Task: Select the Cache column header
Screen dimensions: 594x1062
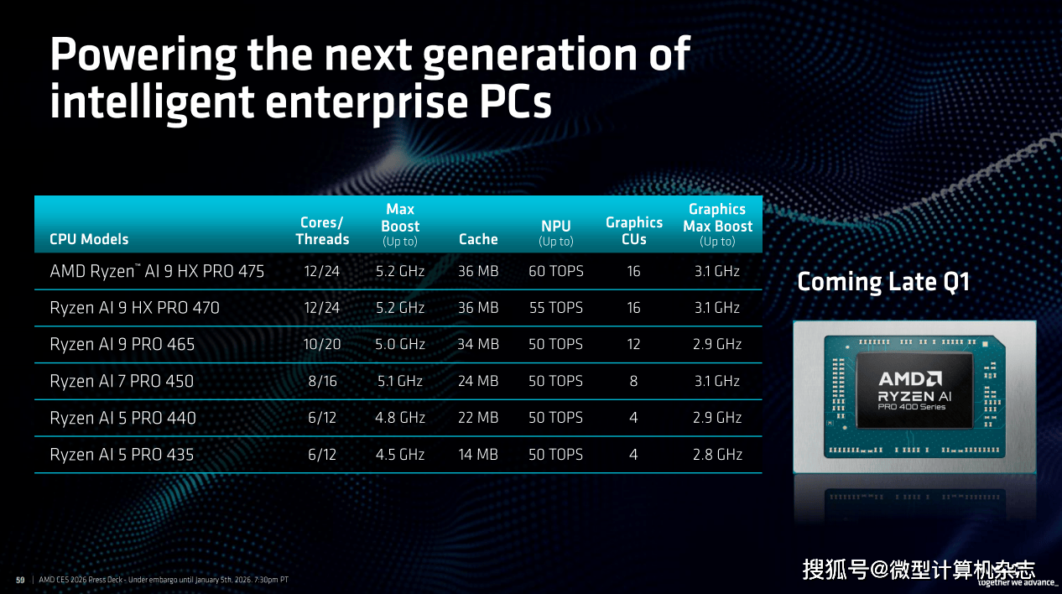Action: [478, 239]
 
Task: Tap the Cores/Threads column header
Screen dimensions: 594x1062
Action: [322, 231]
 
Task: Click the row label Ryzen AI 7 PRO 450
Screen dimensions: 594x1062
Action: [122, 381]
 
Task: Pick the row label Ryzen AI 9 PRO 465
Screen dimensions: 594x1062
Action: [122, 344]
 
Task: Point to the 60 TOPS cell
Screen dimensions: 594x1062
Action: [555, 271]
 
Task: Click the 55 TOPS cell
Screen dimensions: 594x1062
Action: [555, 308]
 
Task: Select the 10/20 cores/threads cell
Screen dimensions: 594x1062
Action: [322, 344]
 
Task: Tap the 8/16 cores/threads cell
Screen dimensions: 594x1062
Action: [322, 381]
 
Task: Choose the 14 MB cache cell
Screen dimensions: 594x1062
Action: [478, 455]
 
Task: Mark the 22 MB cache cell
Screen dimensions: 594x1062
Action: [478, 418]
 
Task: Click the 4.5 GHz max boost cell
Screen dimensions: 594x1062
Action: [400, 455]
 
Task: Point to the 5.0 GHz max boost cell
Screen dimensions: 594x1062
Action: [400, 344]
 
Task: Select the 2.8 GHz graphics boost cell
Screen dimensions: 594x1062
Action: [717, 455]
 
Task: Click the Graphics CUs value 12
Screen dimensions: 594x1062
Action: [633, 344]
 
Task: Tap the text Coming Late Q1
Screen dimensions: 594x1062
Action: [883, 282]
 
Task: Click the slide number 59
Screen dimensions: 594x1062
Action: [20, 580]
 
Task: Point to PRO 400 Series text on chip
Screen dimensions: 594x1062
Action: [911, 407]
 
